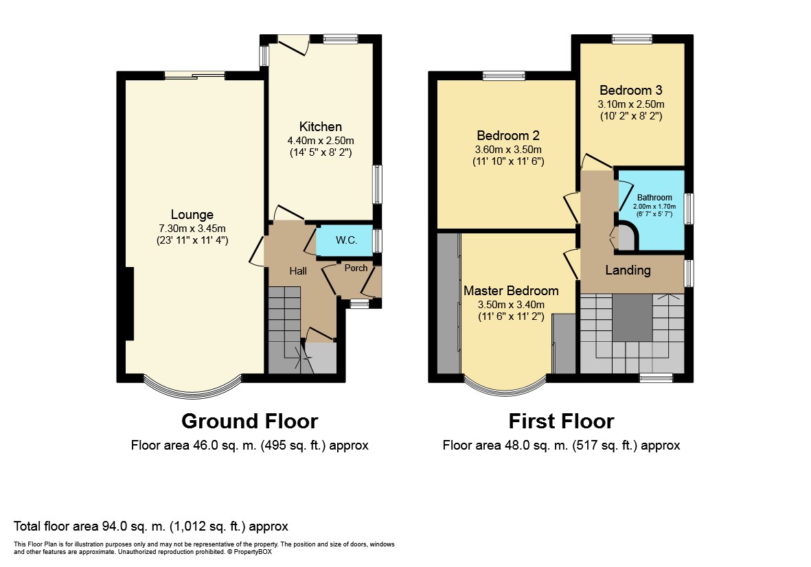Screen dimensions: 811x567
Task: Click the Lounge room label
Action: [x=192, y=214]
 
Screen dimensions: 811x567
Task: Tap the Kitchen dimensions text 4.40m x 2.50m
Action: [x=321, y=141]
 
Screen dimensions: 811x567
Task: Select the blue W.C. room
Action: [x=345, y=240]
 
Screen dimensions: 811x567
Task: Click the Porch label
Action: [x=356, y=268]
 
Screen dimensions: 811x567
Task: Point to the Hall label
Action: [x=298, y=271]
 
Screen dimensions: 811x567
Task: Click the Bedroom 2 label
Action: [x=508, y=135]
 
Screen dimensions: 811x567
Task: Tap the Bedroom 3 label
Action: [x=631, y=91]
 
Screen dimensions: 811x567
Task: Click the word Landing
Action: [x=628, y=270]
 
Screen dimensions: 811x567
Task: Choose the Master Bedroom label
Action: [x=511, y=290]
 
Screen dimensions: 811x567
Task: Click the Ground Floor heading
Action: [x=249, y=421]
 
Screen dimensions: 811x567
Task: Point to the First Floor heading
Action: [x=561, y=421]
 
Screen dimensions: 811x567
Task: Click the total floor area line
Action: [x=150, y=526]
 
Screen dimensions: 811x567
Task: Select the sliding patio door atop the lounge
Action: [x=195, y=76]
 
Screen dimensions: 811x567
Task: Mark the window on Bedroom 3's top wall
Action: [x=632, y=38]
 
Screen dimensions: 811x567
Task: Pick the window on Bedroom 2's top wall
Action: [x=504, y=76]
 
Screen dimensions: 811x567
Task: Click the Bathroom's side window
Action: [x=689, y=209]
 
